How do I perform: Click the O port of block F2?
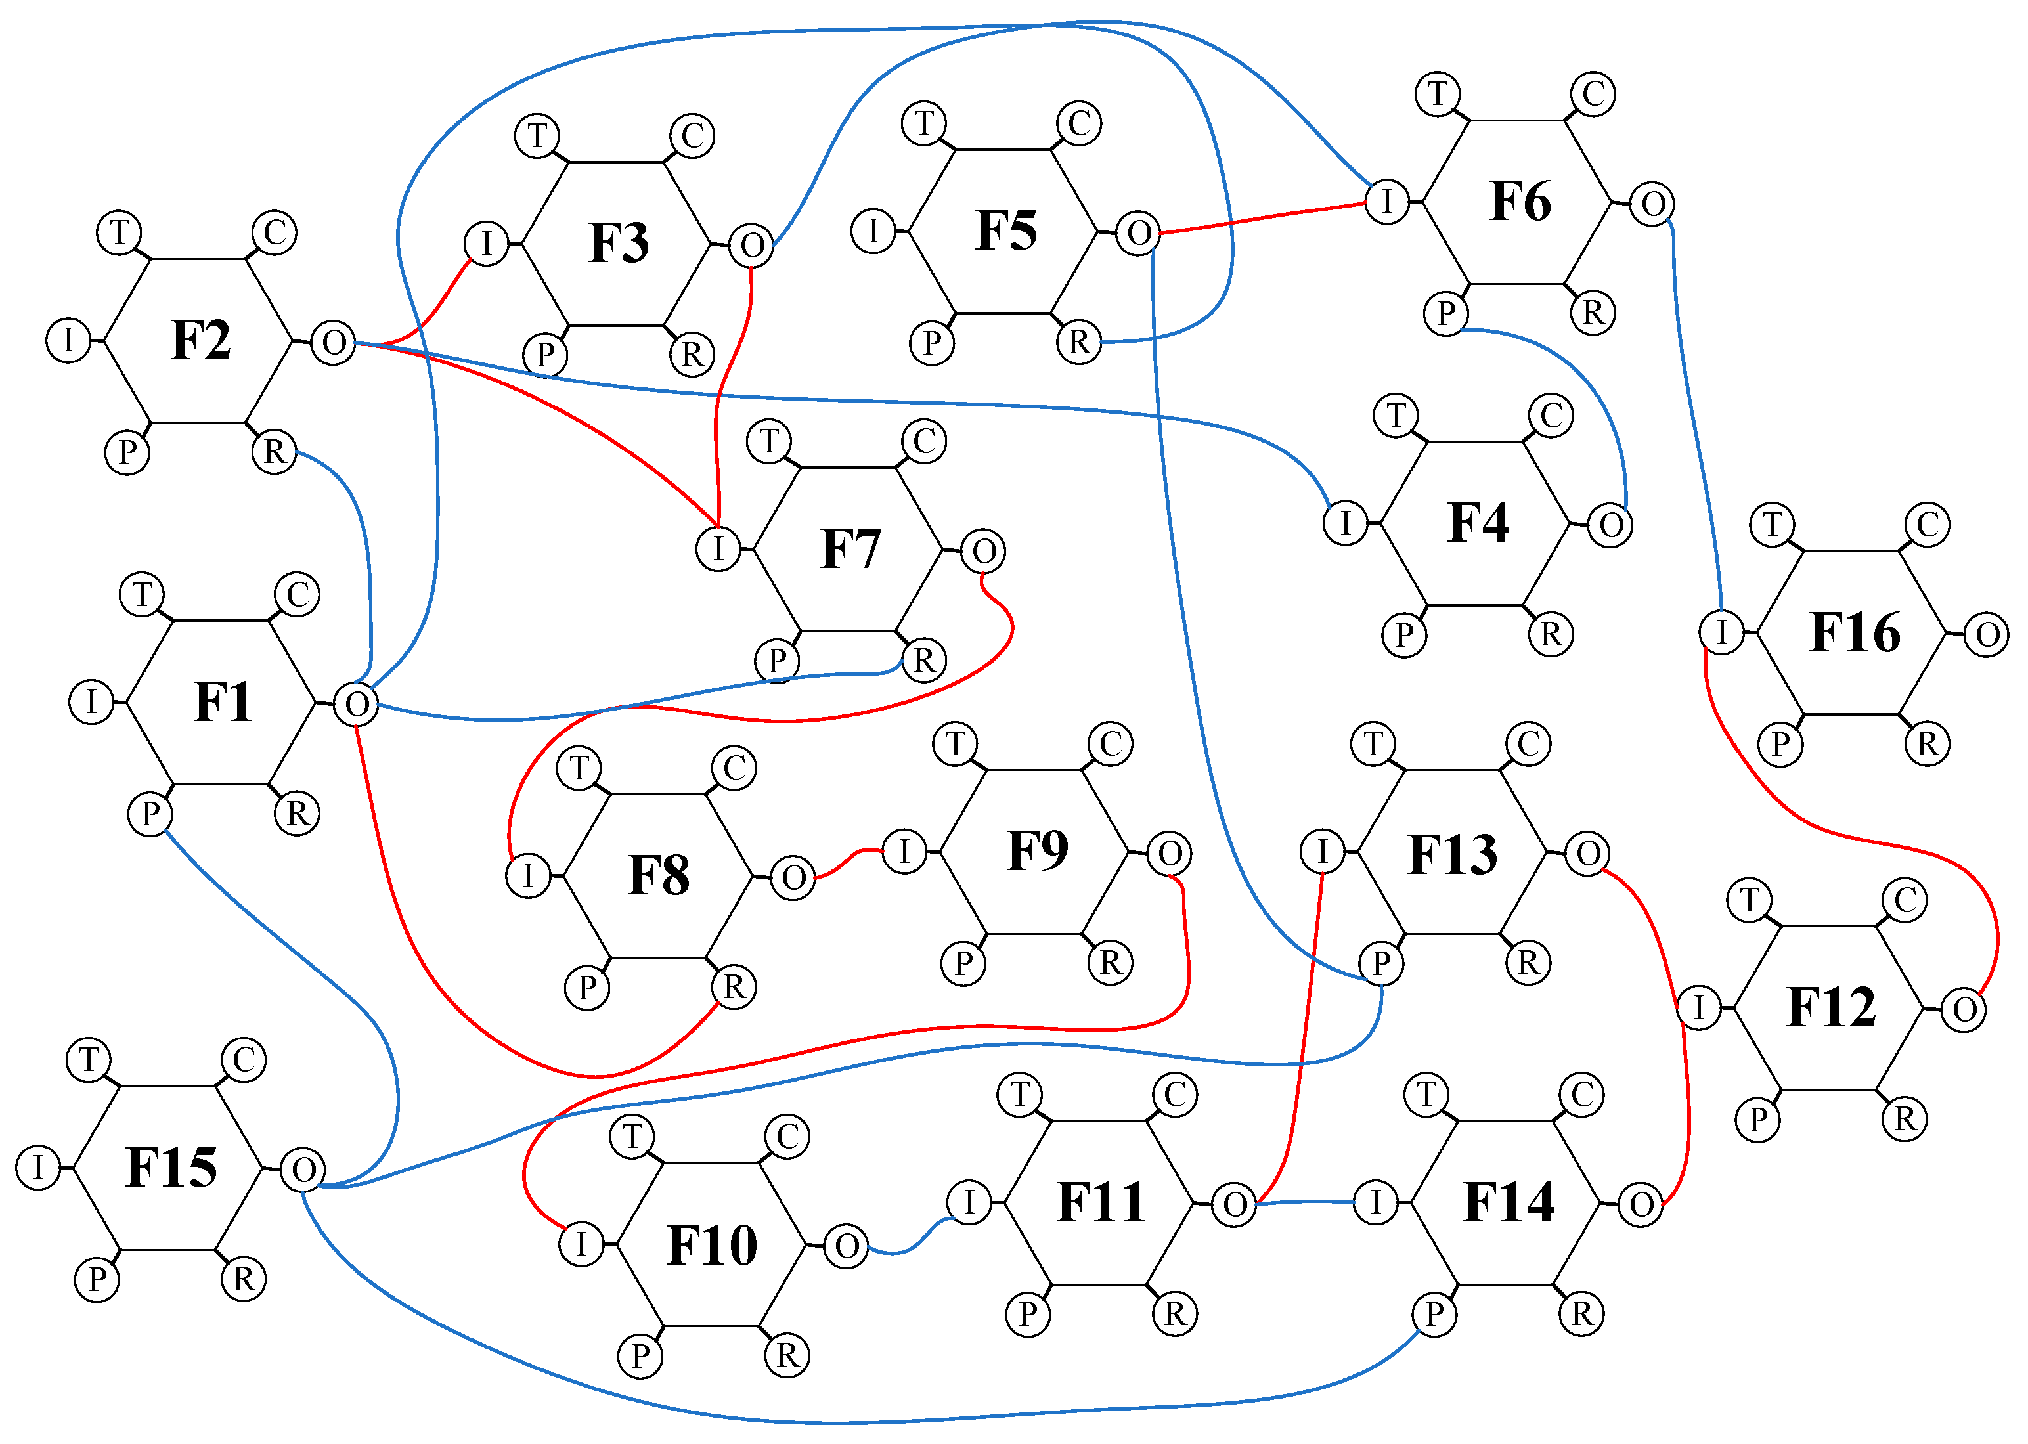point(334,342)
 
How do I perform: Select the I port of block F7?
point(718,548)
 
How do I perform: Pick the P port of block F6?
point(1445,313)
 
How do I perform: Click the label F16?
point(1855,633)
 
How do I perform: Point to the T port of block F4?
point(1396,415)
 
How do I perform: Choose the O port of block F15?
point(303,1170)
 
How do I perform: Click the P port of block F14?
point(1434,1314)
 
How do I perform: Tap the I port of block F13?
point(1322,851)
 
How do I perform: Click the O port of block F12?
point(1964,1010)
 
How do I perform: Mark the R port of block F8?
point(734,987)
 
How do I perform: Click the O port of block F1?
point(357,704)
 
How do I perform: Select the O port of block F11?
point(1234,1205)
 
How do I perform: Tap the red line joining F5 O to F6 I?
point(1262,218)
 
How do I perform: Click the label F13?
point(1453,854)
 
